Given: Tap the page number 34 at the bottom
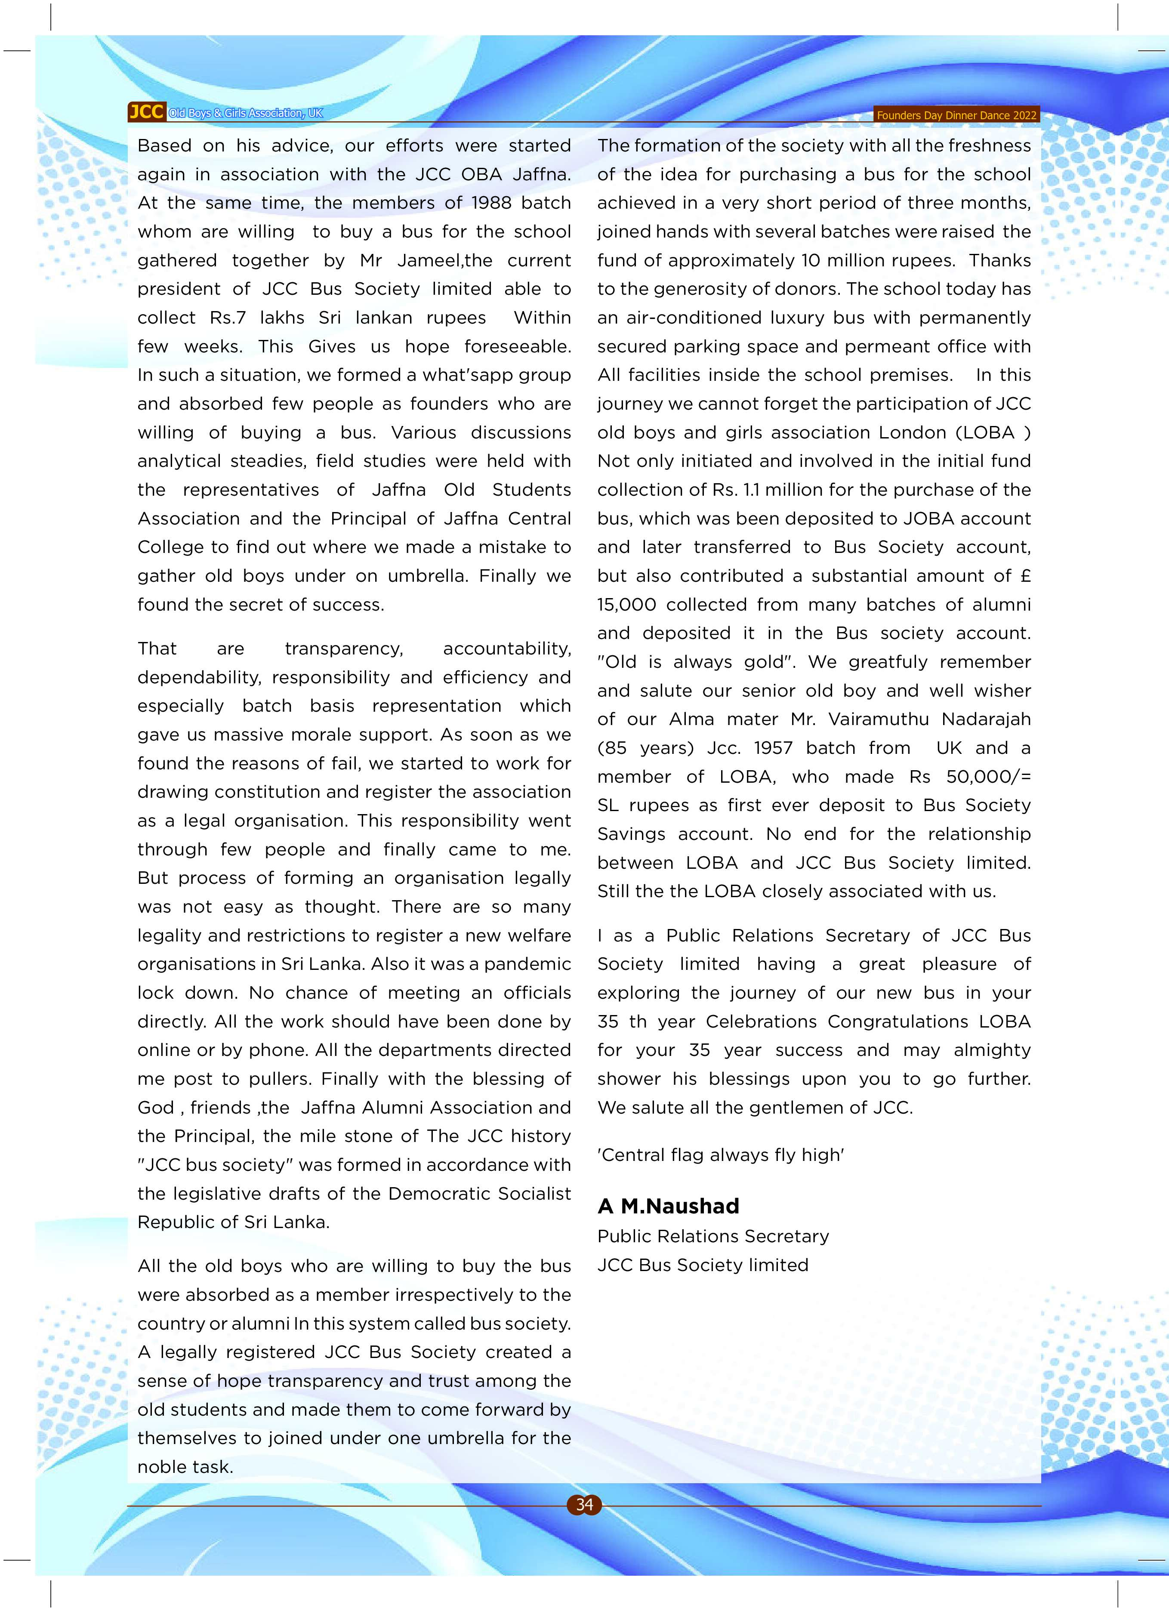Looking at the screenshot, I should point(584,1504).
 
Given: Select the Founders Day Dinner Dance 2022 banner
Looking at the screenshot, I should point(956,115).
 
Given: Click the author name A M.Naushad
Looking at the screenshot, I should point(668,1206).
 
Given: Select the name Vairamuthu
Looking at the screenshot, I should point(879,719).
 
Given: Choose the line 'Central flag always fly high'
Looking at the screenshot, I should point(720,1155).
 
